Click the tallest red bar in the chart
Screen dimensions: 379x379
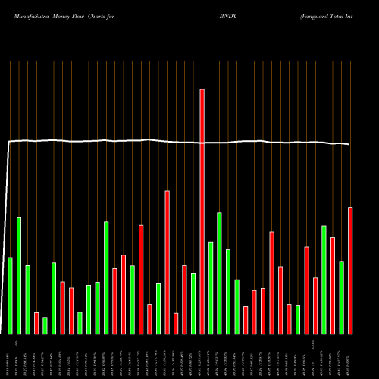pos(202,211)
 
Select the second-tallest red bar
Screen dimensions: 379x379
pos(167,262)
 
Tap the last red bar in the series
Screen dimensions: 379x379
pos(350,271)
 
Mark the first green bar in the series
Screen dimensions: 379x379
pos(10,296)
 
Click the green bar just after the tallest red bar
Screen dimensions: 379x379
pos(211,288)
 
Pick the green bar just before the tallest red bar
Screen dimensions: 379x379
pos(193,303)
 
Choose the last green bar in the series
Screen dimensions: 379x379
pos(342,297)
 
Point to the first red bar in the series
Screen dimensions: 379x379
pos(36,323)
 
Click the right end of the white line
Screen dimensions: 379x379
pos(349,144)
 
